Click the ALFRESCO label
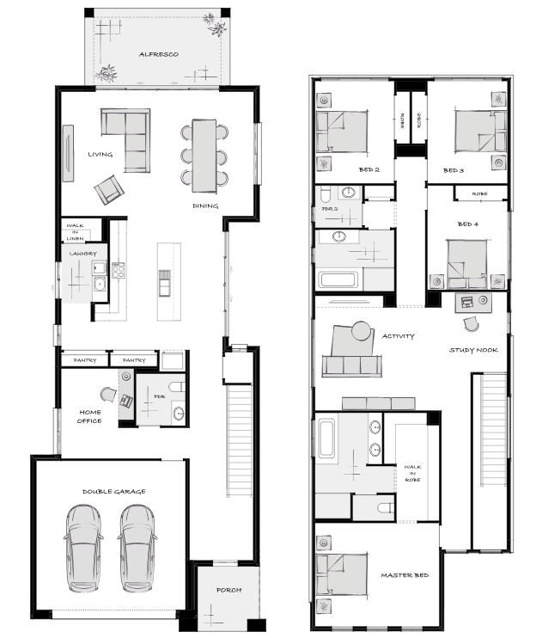[x=159, y=54]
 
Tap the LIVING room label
[x=100, y=154]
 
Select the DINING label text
[x=205, y=206]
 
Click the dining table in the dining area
[x=204, y=156]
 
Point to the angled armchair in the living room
[x=109, y=190]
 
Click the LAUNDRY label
[x=83, y=254]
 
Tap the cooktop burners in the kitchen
[x=119, y=271]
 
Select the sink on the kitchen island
[x=164, y=283]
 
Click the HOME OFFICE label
[x=90, y=417]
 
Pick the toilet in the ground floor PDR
[x=177, y=387]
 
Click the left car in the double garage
[x=83, y=549]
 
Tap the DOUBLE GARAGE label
[x=113, y=492]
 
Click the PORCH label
[x=228, y=590]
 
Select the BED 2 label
[x=369, y=169]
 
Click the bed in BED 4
[x=467, y=264]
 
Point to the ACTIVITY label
[x=399, y=336]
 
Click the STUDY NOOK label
[x=473, y=350]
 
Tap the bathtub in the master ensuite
[x=326, y=439]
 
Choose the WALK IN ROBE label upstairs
[x=412, y=473]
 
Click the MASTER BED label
[x=405, y=575]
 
